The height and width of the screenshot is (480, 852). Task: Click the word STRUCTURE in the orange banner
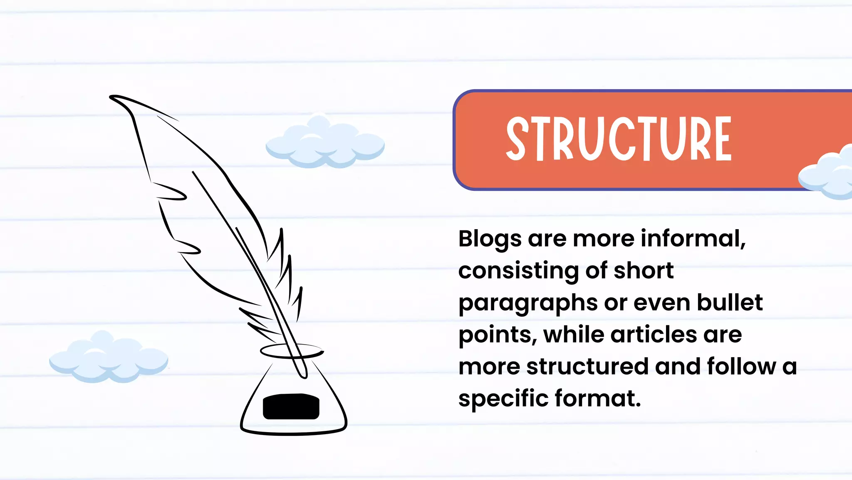(618, 139)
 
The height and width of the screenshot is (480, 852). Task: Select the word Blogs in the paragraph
(490, 239)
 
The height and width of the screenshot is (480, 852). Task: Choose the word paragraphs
(528, 303)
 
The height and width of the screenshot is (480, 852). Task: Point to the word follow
(741, 366)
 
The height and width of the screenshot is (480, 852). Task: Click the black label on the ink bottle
(291, 406)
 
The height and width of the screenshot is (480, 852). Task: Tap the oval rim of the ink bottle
(291, 351)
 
